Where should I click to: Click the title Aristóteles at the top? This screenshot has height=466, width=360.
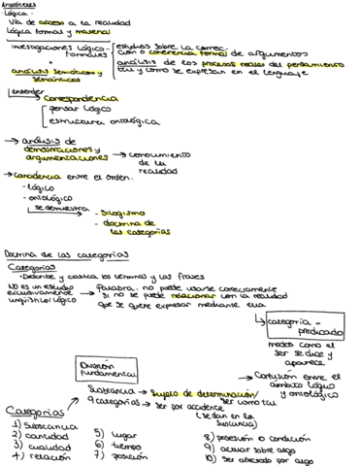(x=20, y=5)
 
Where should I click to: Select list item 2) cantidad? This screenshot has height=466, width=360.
(x=37, y=435)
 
